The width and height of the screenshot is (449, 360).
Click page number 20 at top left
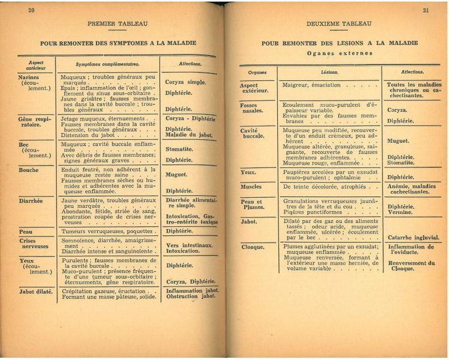pos(31,10)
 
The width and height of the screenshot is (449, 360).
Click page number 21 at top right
pos(426,10)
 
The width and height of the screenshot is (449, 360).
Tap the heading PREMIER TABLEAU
pos(118,24)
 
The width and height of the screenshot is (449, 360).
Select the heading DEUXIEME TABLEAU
pos(339,24)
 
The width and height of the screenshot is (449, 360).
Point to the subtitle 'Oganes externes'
pos(339,53)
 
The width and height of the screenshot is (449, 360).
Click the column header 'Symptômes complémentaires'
pos(108,64)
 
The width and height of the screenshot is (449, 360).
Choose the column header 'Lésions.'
pos(330,72)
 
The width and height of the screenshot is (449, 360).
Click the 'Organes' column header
pos(257,72)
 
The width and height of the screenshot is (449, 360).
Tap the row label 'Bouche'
pos(28,169)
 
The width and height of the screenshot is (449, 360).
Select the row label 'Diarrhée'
pos(31,201)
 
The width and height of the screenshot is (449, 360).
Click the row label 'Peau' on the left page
pos(26,232)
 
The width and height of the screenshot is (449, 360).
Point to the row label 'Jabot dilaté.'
pos(35,291)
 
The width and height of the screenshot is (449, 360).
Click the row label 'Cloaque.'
pos(252,247)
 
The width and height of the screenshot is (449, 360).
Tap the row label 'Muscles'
pos(251,186)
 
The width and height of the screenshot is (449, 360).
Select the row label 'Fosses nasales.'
pos(252,108)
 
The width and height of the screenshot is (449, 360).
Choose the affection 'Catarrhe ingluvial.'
pos(413,237)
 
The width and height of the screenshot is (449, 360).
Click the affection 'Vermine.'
pos(400,212)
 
